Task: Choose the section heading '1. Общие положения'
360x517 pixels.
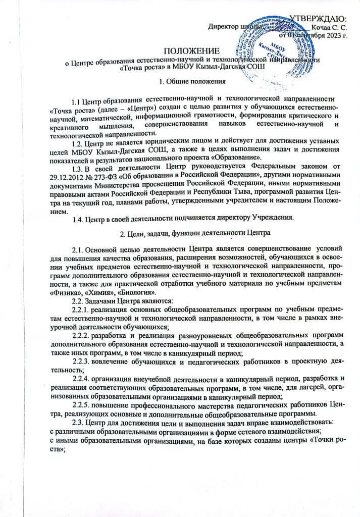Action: coord(189,81)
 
